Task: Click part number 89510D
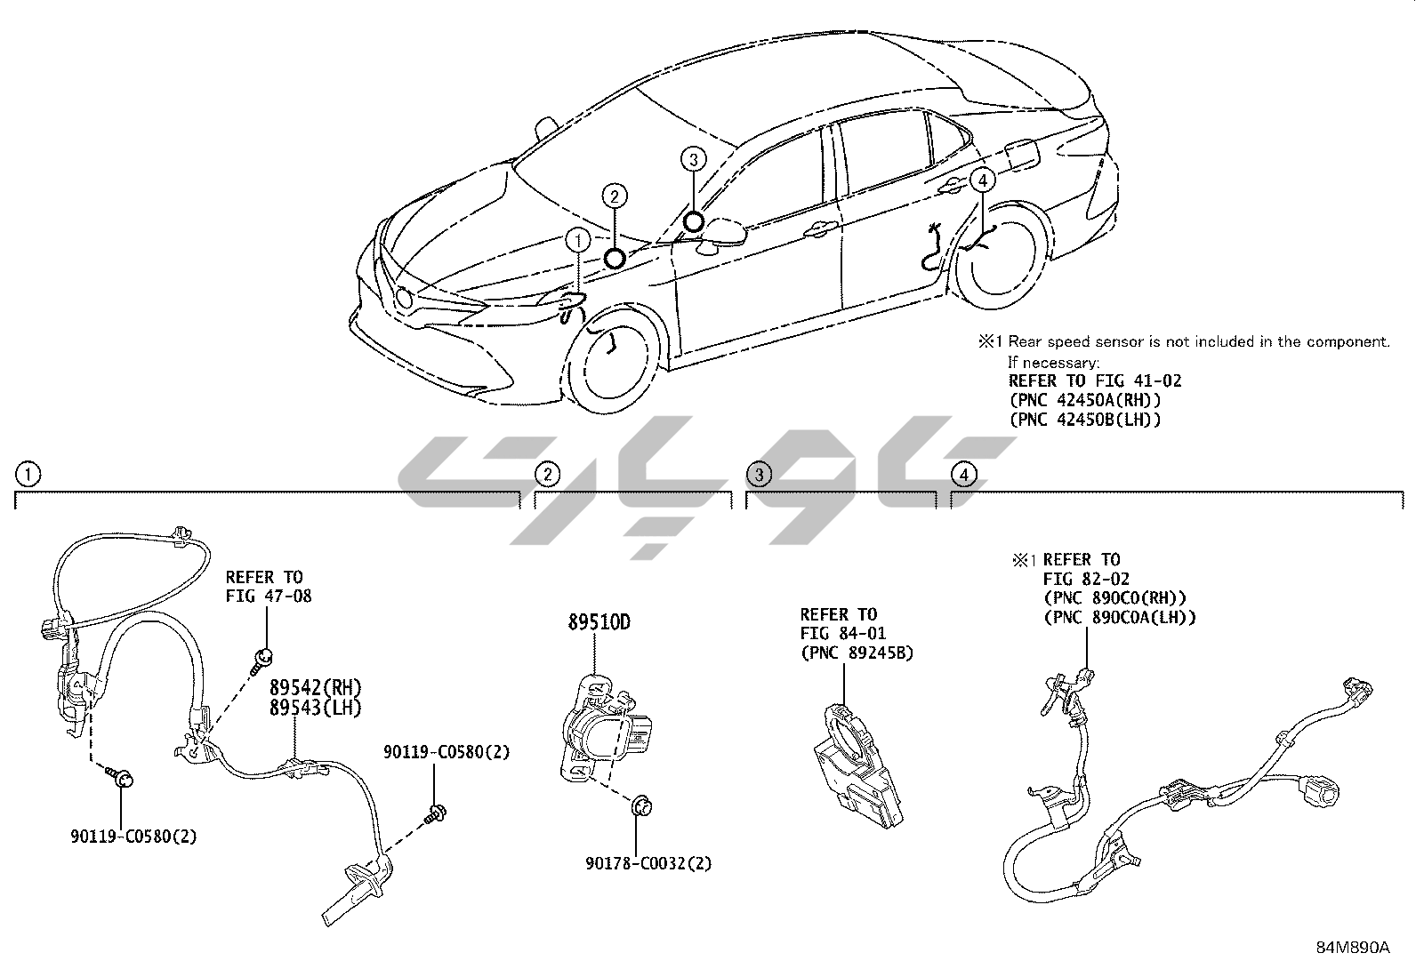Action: [599, 622]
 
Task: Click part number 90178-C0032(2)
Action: [648, 862]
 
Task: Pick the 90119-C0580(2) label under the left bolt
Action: [133, 836]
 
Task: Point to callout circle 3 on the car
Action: [694, 159]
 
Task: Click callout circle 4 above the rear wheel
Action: [981, 180]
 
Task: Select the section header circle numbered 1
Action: [28, 474]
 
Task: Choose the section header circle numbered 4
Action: [963, 474]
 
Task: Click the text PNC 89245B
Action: [857, 653]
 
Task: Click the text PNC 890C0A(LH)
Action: [1120, 617]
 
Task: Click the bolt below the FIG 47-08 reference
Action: [262, 659]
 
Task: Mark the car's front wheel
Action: [614, 351]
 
